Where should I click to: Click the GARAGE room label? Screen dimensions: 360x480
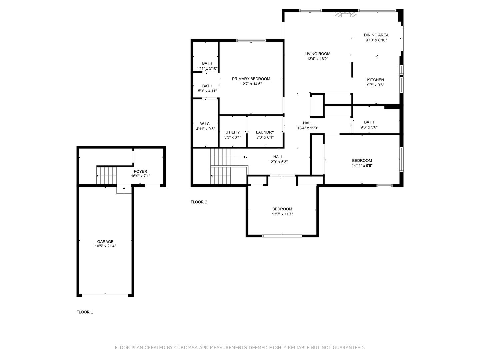pos(105,242)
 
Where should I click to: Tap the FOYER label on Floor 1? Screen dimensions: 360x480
pos(140,172)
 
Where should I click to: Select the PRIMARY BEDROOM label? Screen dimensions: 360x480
pos(251,79)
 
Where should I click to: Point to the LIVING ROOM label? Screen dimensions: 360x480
pos(317,54)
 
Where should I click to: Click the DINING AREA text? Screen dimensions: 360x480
pos(376,35)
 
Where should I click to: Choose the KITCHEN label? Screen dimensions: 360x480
pos(375,80)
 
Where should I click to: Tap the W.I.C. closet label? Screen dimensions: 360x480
pos(205,124)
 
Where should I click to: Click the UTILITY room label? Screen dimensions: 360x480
pos(232,132)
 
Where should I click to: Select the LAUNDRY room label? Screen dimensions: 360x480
pos(265,132)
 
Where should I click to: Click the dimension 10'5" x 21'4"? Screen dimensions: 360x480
pos(105,246)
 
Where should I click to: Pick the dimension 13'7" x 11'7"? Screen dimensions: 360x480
pos(282,214)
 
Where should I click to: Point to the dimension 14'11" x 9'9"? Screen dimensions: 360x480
pos(362,165)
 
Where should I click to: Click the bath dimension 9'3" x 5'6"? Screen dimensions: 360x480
pos(369,127)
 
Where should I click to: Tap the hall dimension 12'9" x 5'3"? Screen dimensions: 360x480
pos(278,162)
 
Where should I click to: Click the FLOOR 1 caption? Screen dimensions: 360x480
pos(85,312)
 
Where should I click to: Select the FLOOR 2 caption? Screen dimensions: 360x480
pos(199,202)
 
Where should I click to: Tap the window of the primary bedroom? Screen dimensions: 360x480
pos(251,41)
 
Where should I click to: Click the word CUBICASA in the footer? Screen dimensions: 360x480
pos(185,348)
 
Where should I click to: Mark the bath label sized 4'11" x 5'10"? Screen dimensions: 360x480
pos(207,64)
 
